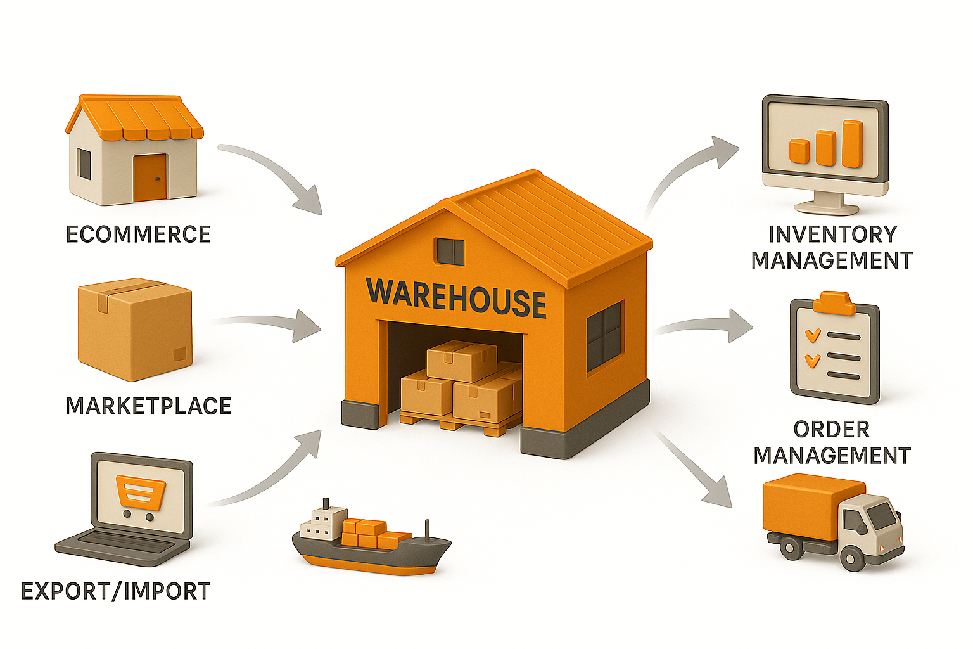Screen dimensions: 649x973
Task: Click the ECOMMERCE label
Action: coord(138,235)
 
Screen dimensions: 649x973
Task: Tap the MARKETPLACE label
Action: coord(148,406)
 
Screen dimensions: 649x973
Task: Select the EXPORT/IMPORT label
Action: coord(115,591)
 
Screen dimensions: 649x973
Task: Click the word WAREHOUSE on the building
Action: coord(456,297)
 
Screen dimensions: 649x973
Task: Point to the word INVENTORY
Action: coord(832,235)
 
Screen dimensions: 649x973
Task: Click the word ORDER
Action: coord(831,430)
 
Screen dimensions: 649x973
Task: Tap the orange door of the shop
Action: coord(149,176)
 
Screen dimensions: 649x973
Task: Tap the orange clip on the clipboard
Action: coord(834,303)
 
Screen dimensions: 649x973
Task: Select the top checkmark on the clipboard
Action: coord(812,335)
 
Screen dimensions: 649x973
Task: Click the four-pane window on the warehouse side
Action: coord(604,336)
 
